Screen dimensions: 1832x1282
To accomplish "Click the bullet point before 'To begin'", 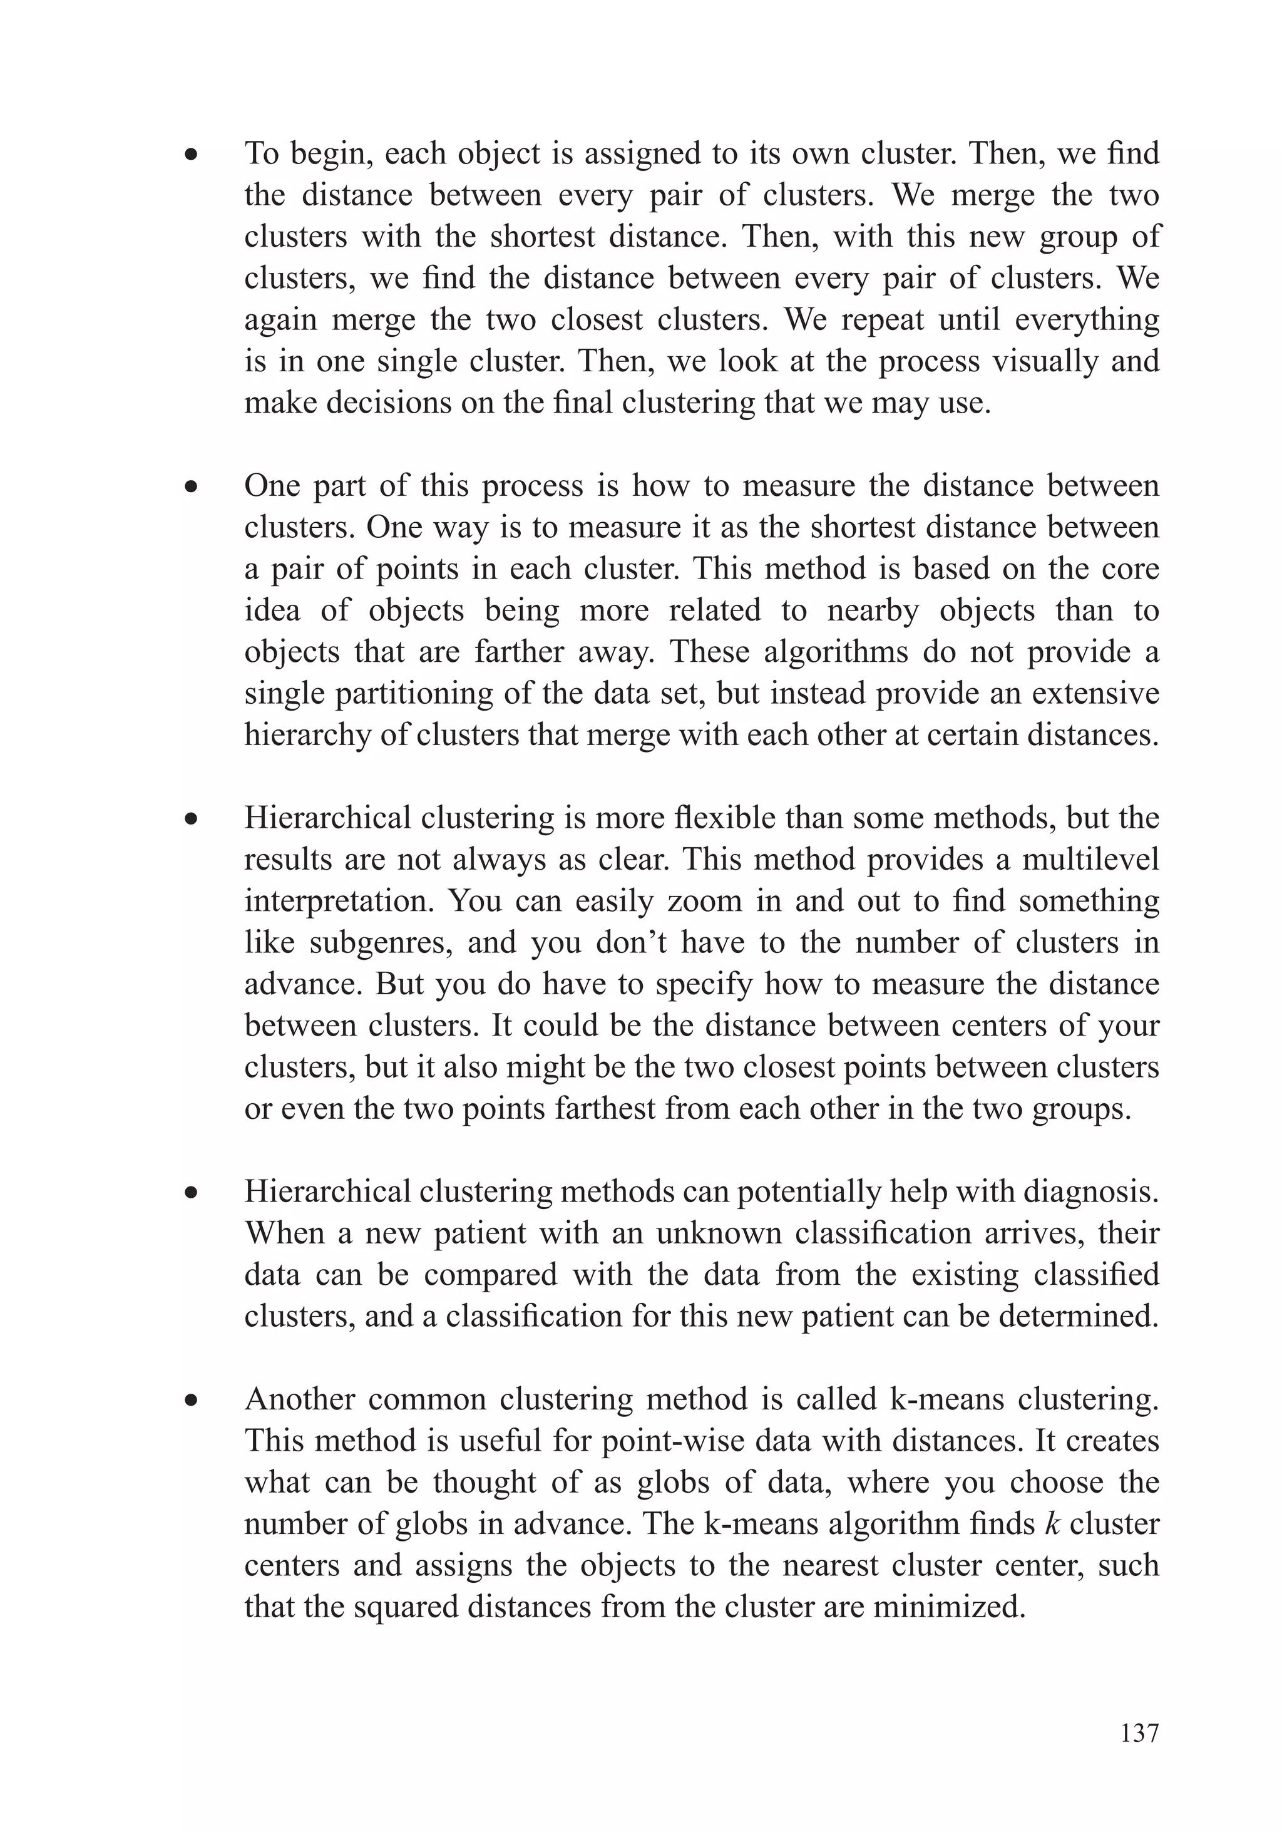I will [190, 155].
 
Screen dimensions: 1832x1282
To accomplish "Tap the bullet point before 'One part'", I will [190, 486].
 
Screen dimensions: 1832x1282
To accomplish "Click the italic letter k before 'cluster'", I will [1052, 1523].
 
